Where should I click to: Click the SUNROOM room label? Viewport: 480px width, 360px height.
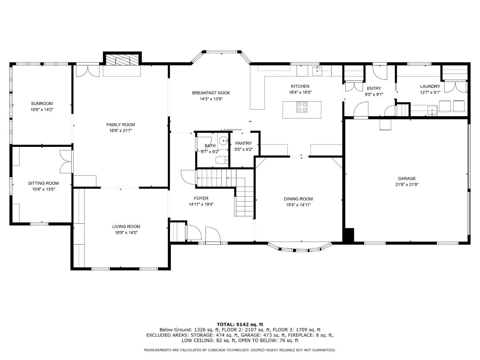click(x=42, y=104)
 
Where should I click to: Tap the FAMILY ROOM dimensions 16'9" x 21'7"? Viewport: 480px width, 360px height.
click(x=121, y=131)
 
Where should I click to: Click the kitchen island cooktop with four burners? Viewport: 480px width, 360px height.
click(x=302, y=107)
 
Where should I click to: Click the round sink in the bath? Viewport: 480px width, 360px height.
click(x=223, y=141)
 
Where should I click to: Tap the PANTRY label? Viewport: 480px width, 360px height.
click(x=244, y=143)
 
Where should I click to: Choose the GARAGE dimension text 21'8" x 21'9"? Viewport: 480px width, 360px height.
click(x=407, y=185)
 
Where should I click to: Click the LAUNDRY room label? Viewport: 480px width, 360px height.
click(x=430, y=86)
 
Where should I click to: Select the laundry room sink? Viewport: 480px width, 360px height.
click(x=432, y=110)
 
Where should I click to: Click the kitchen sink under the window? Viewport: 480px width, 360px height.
click(x=317, y=70)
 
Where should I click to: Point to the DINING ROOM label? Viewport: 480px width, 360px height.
click(x=298, y=199)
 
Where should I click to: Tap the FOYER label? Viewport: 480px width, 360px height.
click(x=201, y=198)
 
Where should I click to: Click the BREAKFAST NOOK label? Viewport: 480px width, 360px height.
click(x=211, y=93)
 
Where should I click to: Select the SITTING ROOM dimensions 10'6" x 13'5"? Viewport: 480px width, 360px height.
click(x=44, y=189)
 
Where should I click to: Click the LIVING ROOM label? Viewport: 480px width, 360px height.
click(x=126, y=227)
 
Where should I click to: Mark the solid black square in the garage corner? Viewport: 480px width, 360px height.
click(x=349, y=235)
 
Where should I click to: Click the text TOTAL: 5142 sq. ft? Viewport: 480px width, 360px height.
click(x=240, y=324)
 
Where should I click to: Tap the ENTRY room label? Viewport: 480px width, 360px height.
click(x=374, y=89)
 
